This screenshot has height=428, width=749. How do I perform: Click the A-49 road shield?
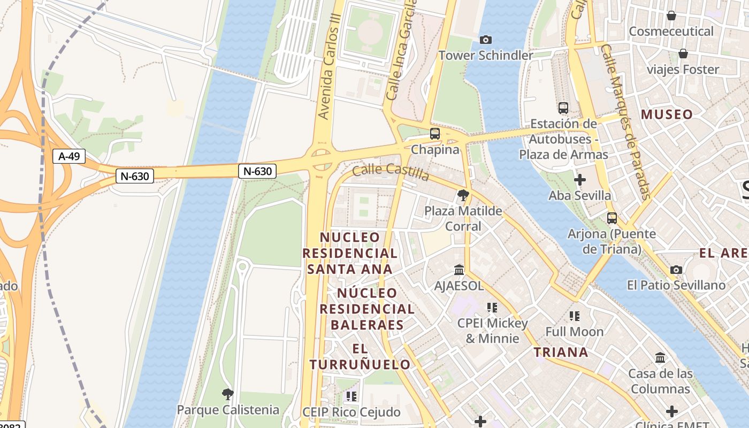click(x=69, y=156)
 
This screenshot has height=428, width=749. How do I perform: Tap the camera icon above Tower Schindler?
click(x=486, y=40)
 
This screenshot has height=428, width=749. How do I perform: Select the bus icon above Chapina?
click(x=435, y=134)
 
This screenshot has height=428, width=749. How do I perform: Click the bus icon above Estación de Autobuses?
click(x=563, y=108)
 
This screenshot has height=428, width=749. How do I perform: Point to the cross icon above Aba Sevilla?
click(x=579, y=180)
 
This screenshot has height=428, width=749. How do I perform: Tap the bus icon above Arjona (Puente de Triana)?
click(x=612, y=218)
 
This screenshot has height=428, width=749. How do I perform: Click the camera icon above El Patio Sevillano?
click(x=676, y=270)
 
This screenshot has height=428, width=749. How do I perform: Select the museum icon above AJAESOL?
click(x=459, y=270)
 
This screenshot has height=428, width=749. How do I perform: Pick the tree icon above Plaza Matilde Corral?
click(x=463, y=195)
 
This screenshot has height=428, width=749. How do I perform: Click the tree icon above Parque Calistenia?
click(x=228, y=395)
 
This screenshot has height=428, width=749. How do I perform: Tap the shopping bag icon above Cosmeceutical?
click(x=671, y=16)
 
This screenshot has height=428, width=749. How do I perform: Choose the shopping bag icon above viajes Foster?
click(x=683, y=53)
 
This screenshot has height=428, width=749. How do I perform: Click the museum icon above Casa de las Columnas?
click(x=660, y=357)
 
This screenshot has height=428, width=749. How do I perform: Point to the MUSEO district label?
click(x=667, y=114)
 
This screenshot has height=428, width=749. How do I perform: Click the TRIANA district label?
click(x=561, y=352)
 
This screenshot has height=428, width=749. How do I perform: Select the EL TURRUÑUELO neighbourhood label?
click(x=360, y=357)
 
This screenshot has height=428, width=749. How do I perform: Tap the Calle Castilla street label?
click(x=391, y=172)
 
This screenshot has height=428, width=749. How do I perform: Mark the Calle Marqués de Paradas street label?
click(x=625, y=122)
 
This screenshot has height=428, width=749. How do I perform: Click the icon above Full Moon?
click(x=575, y=316)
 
